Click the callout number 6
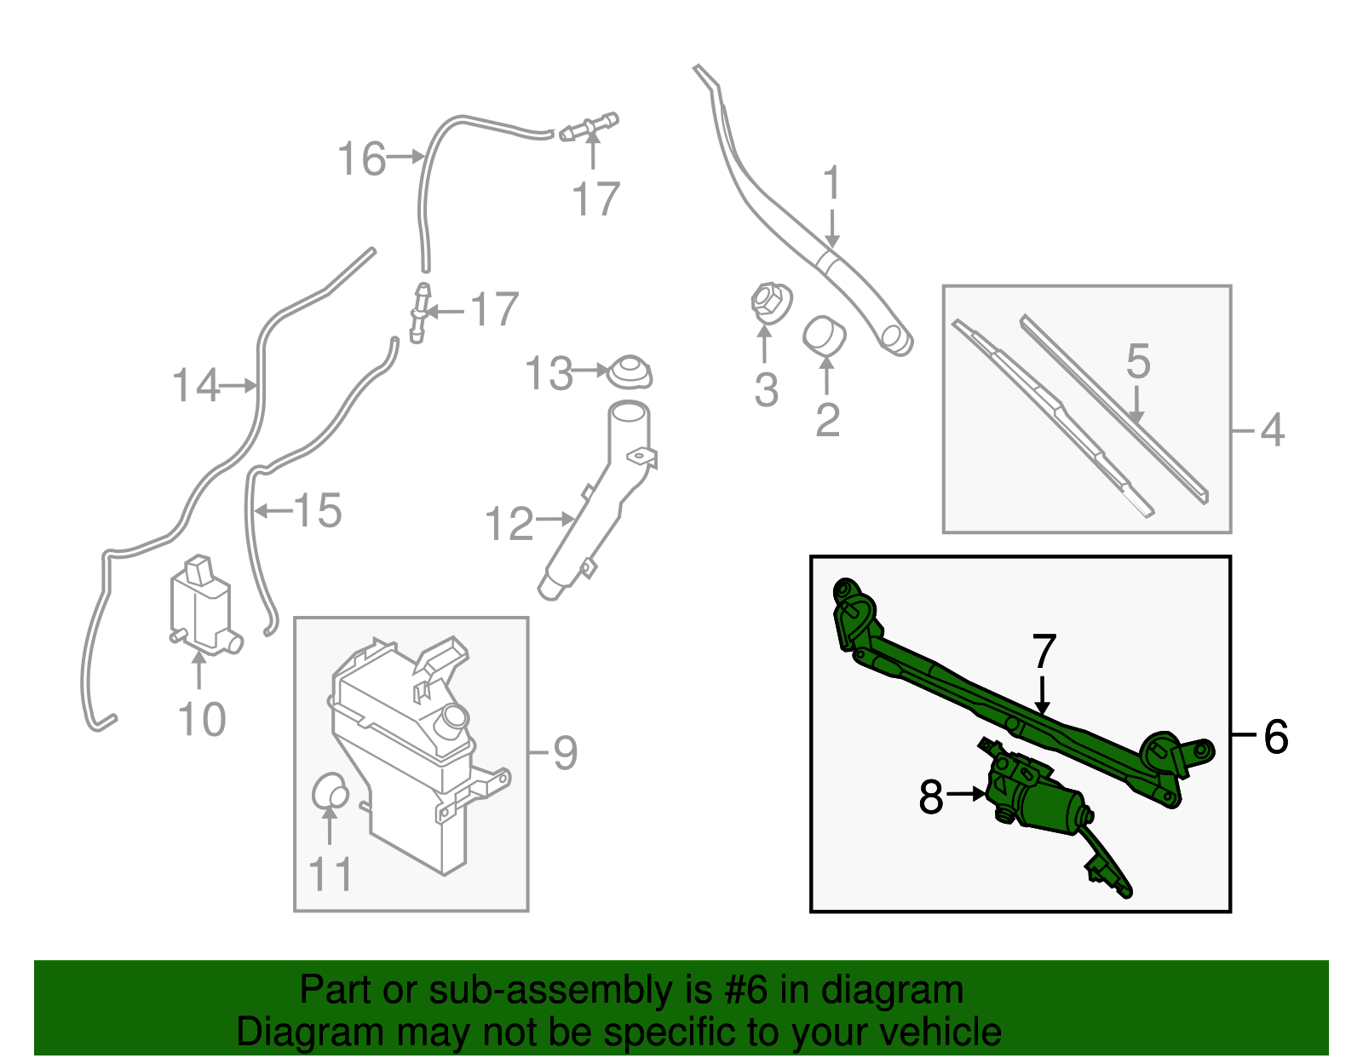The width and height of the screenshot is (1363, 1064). [x=1275, y=736]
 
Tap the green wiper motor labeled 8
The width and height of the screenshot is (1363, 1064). [x=1035, y=797]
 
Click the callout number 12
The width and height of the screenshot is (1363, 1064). [x=509, y=523]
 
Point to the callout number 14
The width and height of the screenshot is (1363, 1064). [x=196, y=386]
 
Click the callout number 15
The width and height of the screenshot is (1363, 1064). [x=318, y=510]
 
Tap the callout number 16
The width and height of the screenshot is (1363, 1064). [x=362, y=158]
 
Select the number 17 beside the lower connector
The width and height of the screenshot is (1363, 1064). [x=494, y=309]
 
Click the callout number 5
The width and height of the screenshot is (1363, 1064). [x=1138, y=361]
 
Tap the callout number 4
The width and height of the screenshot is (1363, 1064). [x=1271, y=430]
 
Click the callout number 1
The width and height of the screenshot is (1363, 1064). [x=831, y=184]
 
